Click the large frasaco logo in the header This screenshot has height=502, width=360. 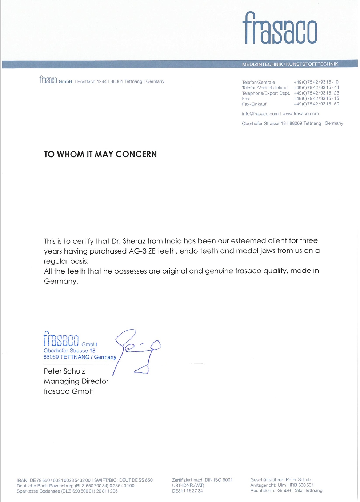click(x=280, y=28)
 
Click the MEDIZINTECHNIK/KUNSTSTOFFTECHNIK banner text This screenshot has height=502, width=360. click(x=290, y=64)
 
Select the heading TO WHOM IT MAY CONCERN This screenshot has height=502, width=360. click(x=100, y=154)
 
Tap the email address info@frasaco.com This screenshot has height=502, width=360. click(x=260, y=114)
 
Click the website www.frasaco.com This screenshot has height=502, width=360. click(x=300, y=114)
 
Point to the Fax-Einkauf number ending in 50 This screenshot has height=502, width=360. click(x=316, y=104)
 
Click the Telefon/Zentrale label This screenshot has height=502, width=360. click(x=258, y=82)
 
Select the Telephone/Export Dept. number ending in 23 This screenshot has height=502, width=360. click(x=316, y=93)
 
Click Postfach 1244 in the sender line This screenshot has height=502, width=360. click(x=92, y=81)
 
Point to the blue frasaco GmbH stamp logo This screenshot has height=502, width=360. click(x=61, y=339)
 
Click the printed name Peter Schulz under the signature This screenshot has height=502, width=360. click(x=64, y=371)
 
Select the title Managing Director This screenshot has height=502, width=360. click(x=76, y=381)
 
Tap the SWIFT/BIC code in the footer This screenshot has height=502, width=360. click(x=136, y=480)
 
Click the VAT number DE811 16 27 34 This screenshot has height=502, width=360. click(x=187, y=491)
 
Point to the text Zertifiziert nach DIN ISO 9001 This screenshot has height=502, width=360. click(x=202, y=480)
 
